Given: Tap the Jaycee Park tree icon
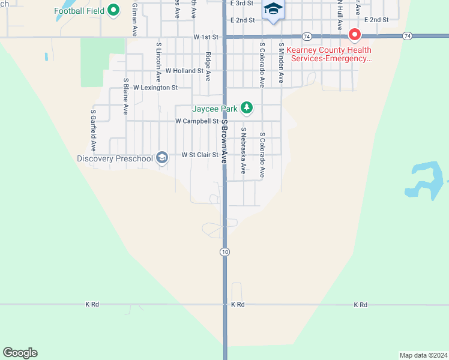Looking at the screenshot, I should [x=246, y=108].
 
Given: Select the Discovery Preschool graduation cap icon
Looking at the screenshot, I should [x=161, y=158].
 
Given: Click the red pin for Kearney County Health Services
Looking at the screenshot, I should [x=354, y=35].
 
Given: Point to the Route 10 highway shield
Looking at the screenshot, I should [x=224, y=252].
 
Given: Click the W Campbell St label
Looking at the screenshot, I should [x=196, y=121].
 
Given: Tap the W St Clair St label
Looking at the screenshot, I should [x=199, y=155].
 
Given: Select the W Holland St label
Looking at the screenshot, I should [x=184, y=71].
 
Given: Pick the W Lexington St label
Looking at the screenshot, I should [x=155, y=88].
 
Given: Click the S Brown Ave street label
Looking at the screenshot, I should [x=224, y=142].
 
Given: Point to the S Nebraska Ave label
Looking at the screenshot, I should [x=243, y=151].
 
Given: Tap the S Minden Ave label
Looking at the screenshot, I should [x=280, y=62].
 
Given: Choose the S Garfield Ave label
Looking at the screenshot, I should [x=94, y=130].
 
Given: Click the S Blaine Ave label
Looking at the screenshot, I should [x=125, y=96].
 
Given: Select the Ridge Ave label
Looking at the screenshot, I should [x=208, y=67].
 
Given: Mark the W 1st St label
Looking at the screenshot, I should [x=205, y=37].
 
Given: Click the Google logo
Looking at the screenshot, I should [x=20, y=353].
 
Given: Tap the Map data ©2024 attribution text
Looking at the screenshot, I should [x=423, y=355].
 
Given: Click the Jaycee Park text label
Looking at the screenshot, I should [x=214, y=109].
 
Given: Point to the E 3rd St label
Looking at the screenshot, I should [x=243, y=4].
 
